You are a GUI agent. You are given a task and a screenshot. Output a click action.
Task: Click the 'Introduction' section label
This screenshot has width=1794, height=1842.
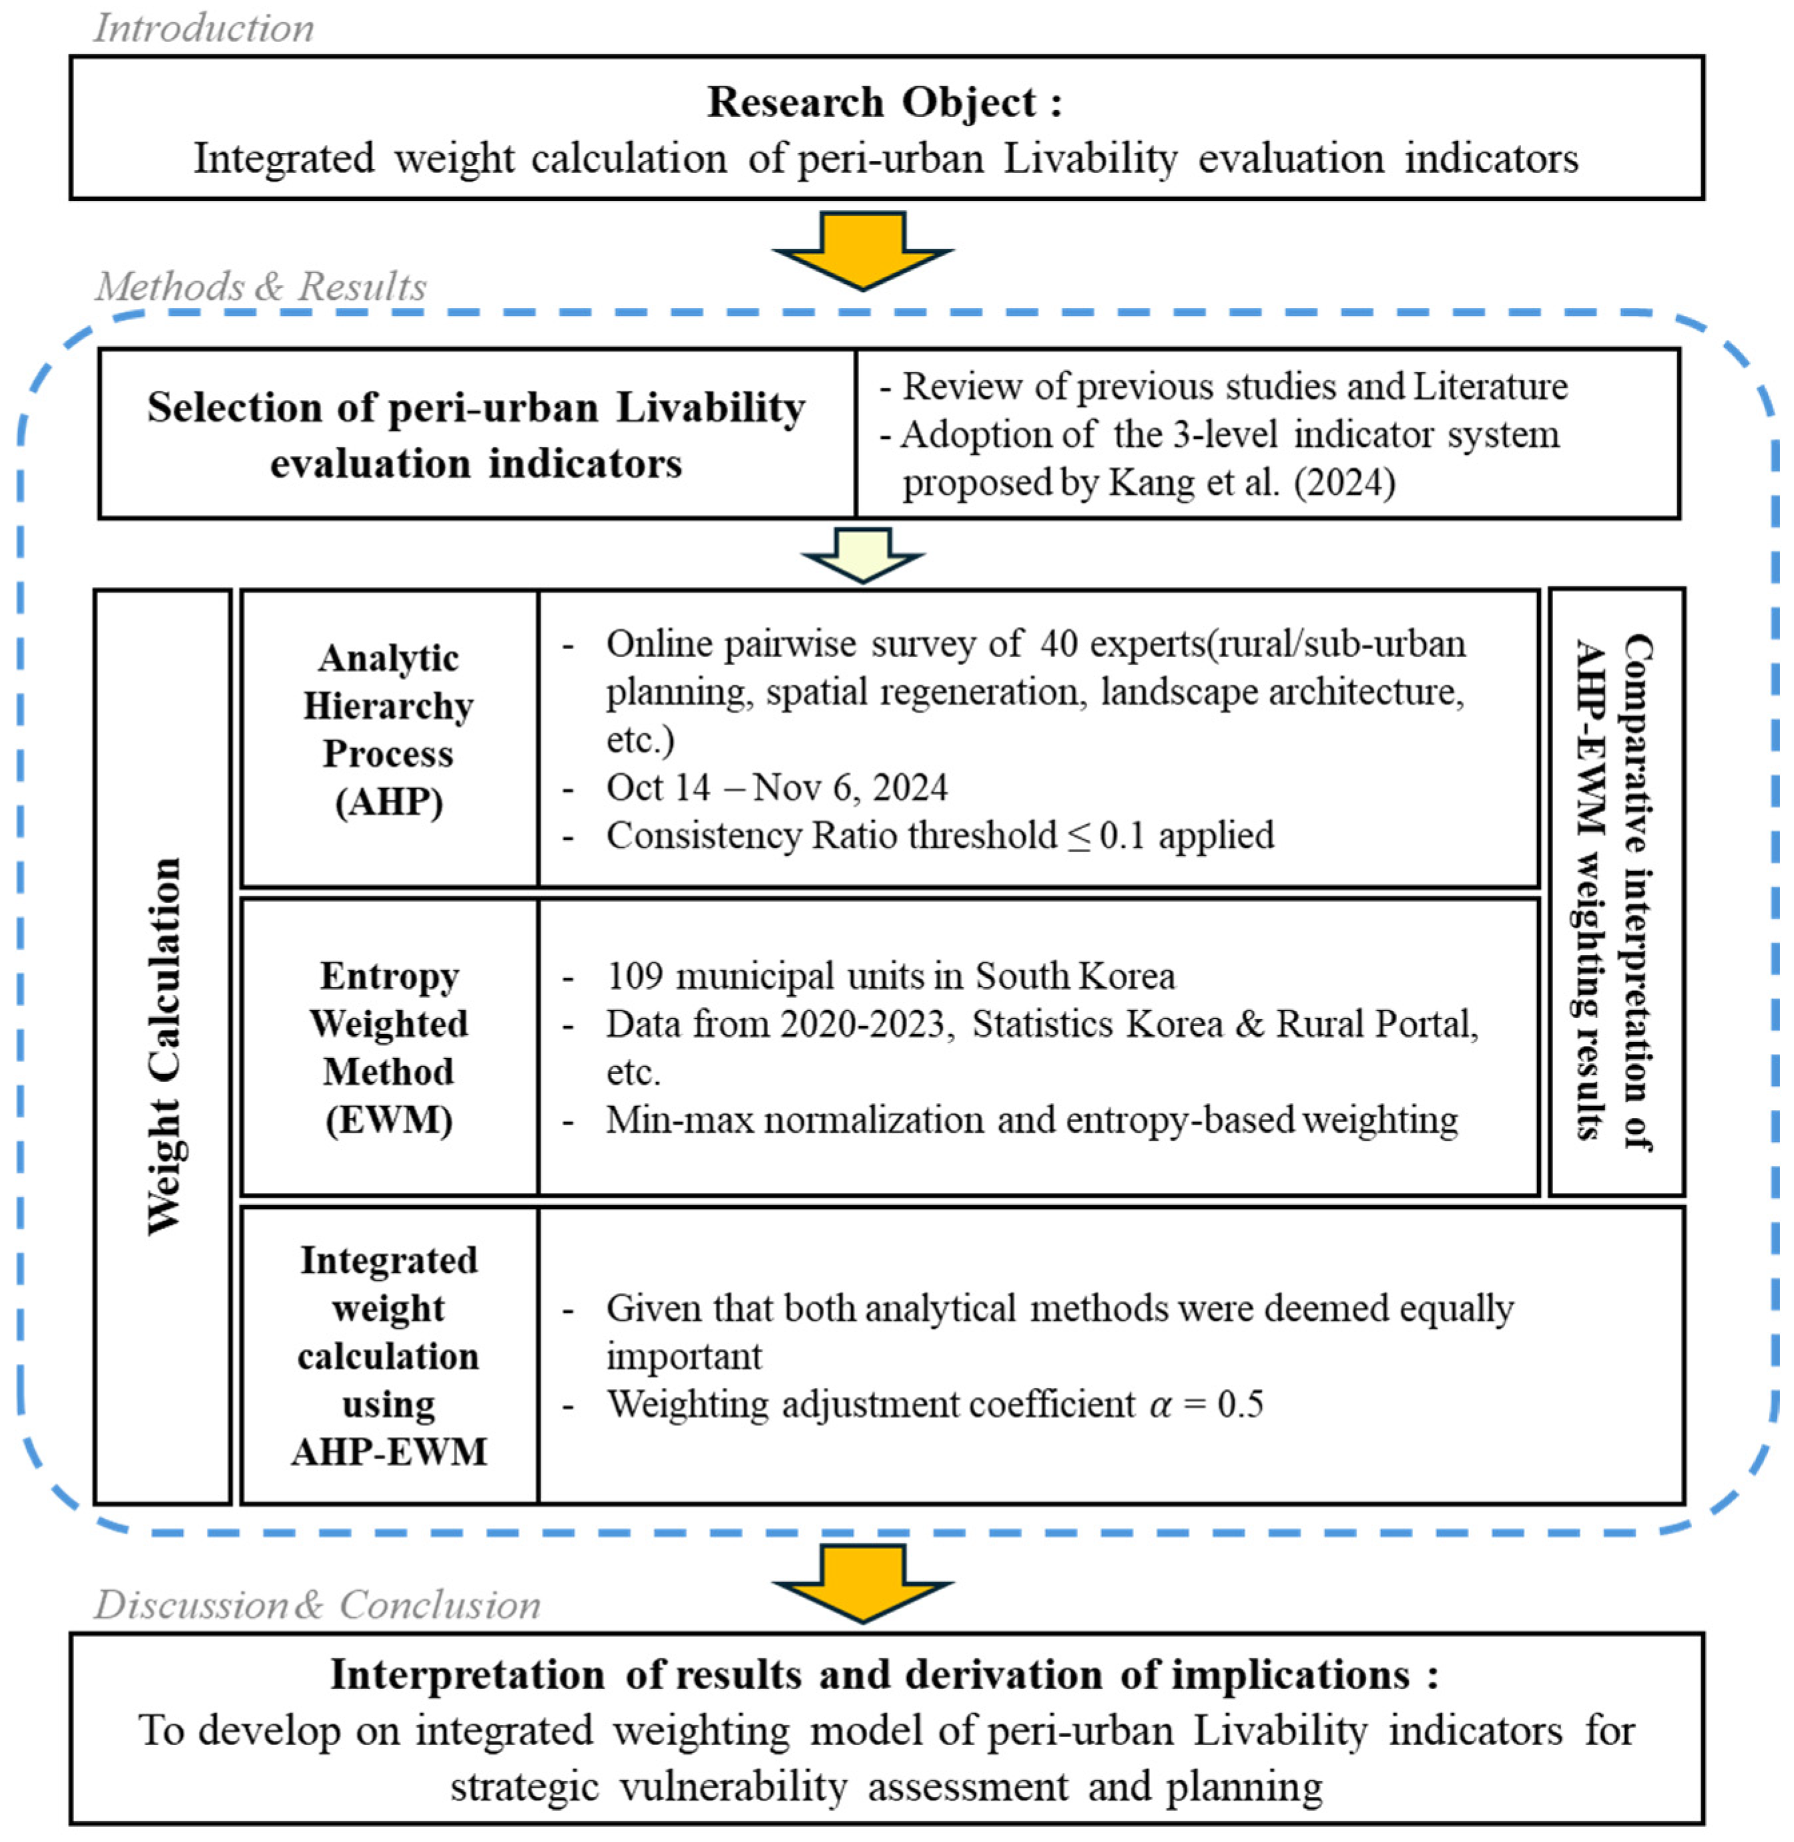pos(204,28)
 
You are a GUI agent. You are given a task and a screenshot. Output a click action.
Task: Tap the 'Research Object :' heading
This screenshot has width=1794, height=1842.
pos(884,102)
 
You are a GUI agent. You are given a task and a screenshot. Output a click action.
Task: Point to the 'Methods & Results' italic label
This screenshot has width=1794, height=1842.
pos(261,287)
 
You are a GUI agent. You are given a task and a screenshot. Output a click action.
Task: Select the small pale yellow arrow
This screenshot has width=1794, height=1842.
pos(862,554)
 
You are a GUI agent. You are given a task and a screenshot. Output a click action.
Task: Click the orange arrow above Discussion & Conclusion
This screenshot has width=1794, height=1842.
pos(862,1584)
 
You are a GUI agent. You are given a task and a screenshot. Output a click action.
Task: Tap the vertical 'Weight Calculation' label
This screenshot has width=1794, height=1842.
pos(164,1047)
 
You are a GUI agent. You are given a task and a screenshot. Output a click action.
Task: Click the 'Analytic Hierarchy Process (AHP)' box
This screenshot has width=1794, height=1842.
pos(389,731)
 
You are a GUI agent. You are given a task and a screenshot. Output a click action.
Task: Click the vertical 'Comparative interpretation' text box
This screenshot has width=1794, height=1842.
pos(1616,891)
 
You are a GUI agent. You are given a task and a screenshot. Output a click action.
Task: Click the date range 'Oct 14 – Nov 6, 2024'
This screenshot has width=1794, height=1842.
pos(776,787)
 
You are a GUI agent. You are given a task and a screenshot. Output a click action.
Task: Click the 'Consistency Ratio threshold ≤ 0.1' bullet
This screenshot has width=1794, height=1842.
pos(940,836)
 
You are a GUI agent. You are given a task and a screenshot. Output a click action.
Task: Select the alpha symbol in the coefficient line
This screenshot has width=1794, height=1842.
pos(1161,1405)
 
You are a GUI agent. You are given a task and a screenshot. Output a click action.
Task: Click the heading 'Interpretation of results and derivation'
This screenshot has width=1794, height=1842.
pos(884,1675)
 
